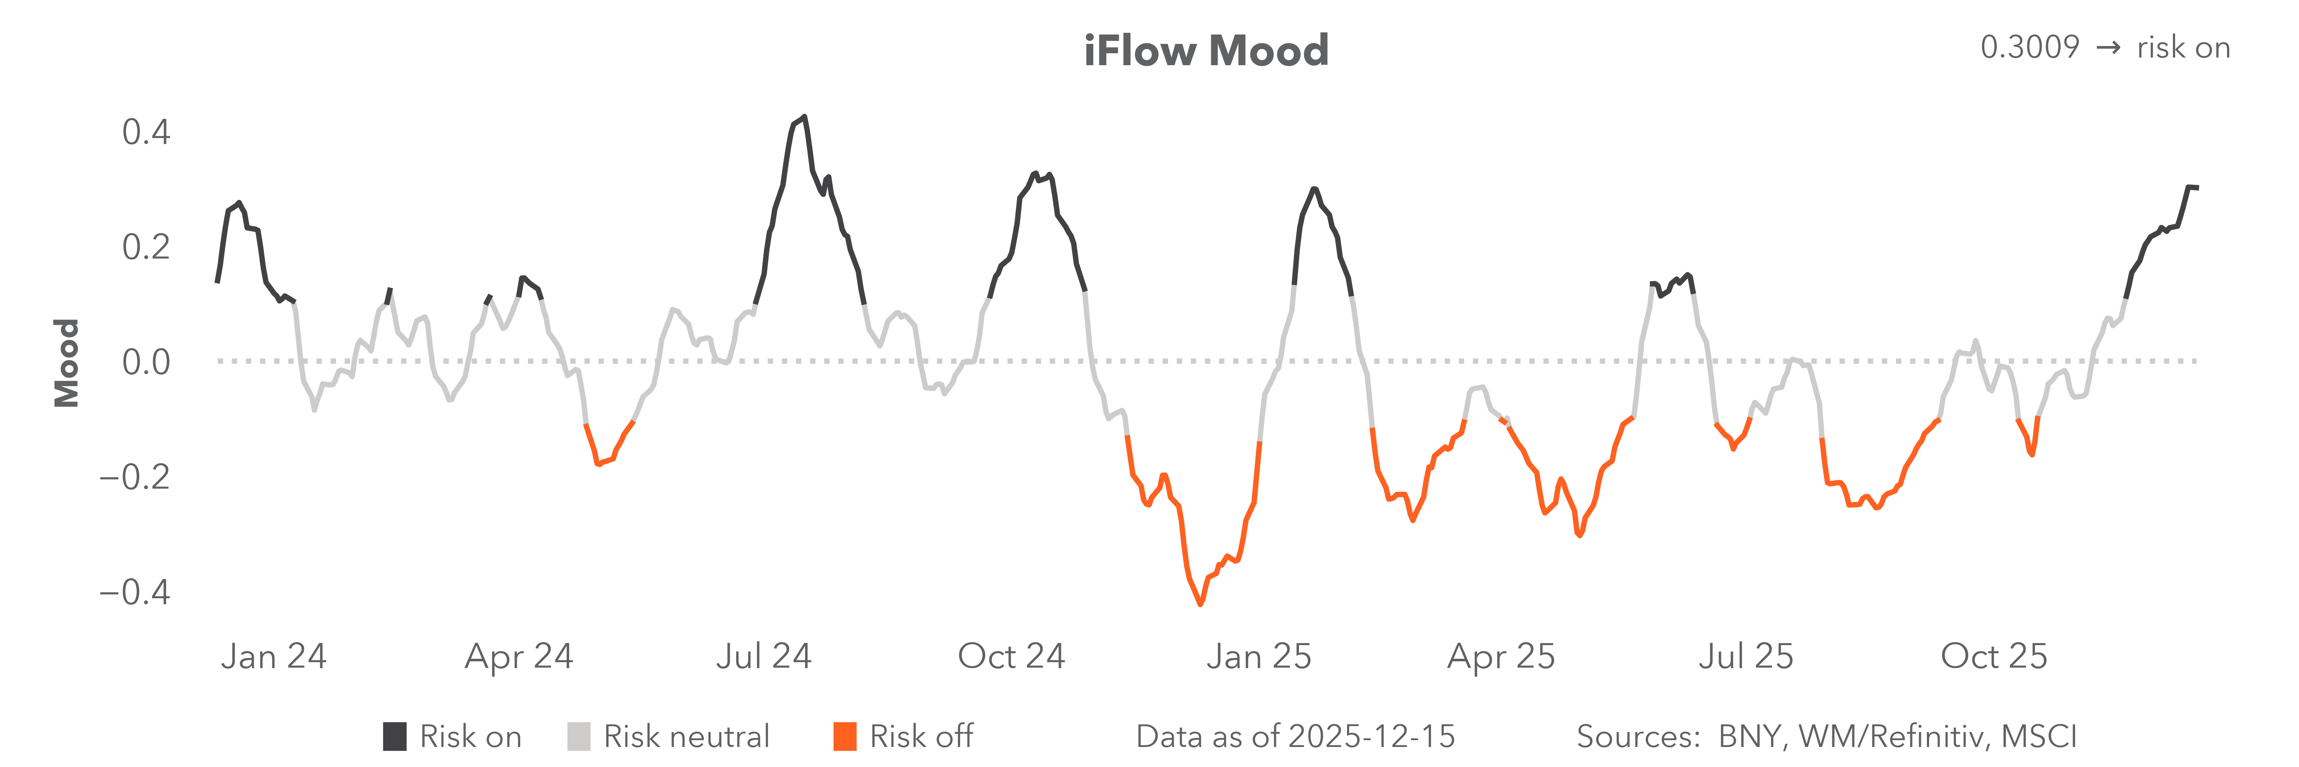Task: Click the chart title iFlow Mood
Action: [1206, 51]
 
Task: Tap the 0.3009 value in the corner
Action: [2030, 47]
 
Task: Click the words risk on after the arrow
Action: [2183, 47]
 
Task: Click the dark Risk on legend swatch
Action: [395, 737]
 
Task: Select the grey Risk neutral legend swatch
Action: [578, 737]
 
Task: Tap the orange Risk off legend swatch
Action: [844, 737]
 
